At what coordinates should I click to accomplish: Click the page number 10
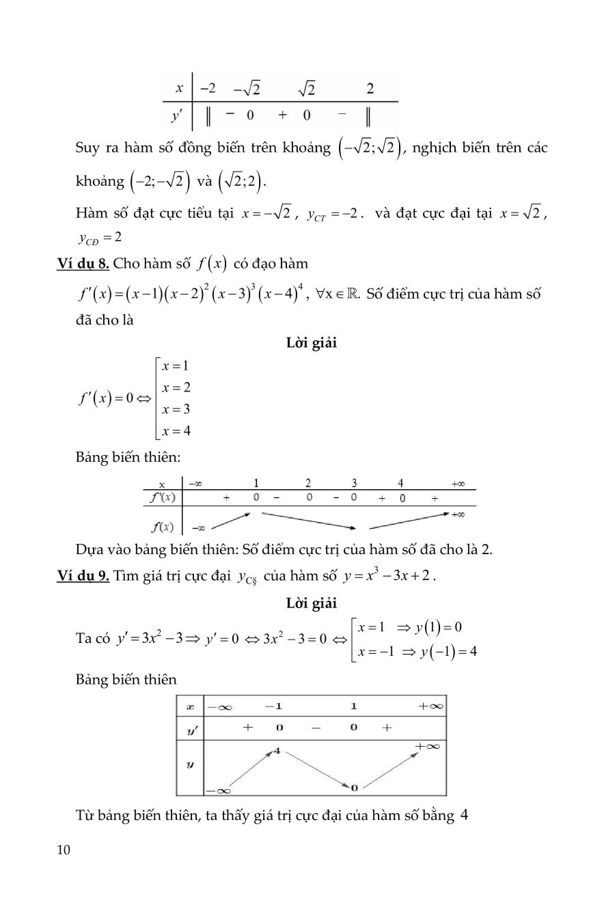(64, 850)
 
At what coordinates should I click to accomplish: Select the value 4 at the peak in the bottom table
(277, 751)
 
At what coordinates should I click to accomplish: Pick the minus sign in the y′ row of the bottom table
(316, 728)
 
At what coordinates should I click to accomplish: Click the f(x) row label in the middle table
(162, 526)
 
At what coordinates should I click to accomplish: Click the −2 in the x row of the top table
(208, 88)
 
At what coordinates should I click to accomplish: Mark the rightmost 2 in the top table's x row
(370, 88)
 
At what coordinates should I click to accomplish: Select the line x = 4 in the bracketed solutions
(176, 430)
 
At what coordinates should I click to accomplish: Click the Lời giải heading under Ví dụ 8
(312, 343)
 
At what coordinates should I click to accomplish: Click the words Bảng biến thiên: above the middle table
(128, 457)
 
